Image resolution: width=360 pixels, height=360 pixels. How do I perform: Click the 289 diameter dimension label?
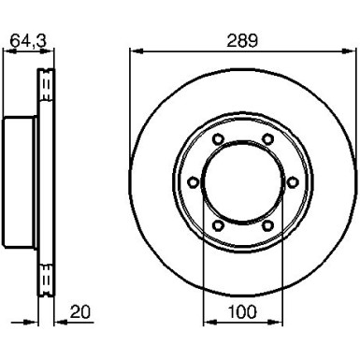242,41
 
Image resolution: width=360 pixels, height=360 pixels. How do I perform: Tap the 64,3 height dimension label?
28,41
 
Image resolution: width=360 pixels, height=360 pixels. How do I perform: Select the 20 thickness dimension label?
79,311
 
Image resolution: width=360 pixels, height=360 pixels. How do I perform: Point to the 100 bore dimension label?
242,311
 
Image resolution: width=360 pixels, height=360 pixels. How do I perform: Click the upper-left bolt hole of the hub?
218,138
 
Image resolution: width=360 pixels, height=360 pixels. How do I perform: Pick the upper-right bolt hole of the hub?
267,138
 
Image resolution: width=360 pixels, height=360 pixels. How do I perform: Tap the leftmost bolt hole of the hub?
194,182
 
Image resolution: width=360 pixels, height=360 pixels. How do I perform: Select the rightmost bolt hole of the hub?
292,182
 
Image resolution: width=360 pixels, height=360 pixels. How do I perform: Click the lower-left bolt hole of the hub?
218,225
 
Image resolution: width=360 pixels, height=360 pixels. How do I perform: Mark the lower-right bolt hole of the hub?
267,225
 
